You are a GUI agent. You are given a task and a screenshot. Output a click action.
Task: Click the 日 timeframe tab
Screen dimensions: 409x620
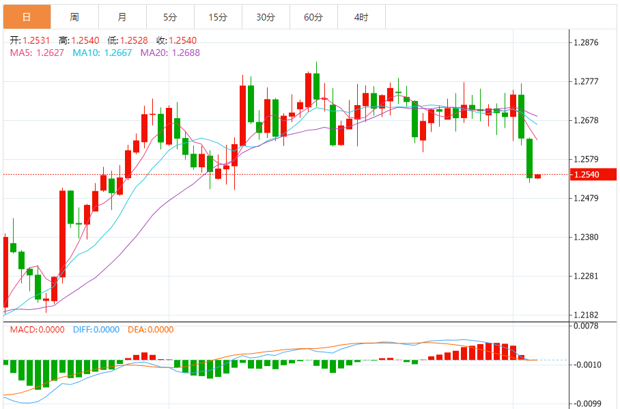[26, 17]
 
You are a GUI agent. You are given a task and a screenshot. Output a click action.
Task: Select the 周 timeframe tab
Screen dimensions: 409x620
[74, 17]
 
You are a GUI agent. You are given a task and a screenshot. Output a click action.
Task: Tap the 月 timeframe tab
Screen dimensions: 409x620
[122, 17]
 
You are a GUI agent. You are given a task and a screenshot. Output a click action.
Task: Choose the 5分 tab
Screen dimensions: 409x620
[170, 17]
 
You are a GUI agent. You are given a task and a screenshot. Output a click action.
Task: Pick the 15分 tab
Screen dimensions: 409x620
[218, 17]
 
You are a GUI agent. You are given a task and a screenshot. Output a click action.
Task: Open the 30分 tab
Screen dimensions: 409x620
[266, 17]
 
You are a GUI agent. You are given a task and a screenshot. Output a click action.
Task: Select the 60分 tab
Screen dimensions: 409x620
[313, 17]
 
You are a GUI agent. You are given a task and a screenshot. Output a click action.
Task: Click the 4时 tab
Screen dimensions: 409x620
[361, 17]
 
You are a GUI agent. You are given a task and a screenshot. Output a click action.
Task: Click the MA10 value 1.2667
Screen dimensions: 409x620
[118, 52]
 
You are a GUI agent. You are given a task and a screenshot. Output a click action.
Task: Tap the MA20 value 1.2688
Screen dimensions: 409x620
[186, 52]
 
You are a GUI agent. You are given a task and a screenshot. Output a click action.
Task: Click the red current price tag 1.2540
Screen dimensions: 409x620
[587, 175]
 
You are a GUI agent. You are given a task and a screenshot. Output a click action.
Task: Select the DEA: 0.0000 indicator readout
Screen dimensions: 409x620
[151, 329]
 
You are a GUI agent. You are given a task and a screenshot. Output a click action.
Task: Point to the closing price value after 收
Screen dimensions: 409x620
[182, 41]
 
